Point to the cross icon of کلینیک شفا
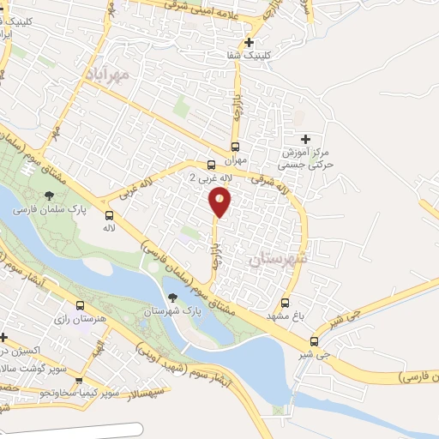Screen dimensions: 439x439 (x=249, y=42)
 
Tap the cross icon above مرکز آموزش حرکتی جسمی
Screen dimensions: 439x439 (x=305, y=139)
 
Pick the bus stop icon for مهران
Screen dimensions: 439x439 (x=236, y=147)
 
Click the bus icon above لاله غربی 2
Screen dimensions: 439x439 (x=211, y=165)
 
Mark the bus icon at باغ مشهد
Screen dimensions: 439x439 (x=286, y=303)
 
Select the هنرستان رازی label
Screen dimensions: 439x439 (x=80, y=319)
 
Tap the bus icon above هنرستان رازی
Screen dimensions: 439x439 (x=80, y=306)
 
